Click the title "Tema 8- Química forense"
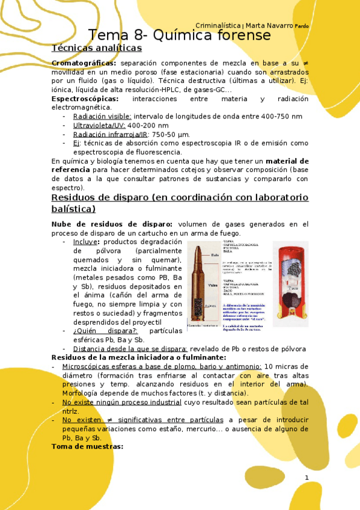[179, 35]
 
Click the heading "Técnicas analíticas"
[97, 48]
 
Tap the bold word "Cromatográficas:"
[84, 63]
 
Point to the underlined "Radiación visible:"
[102, 116]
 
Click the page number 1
[306, 478]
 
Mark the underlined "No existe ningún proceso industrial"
[114, 402]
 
